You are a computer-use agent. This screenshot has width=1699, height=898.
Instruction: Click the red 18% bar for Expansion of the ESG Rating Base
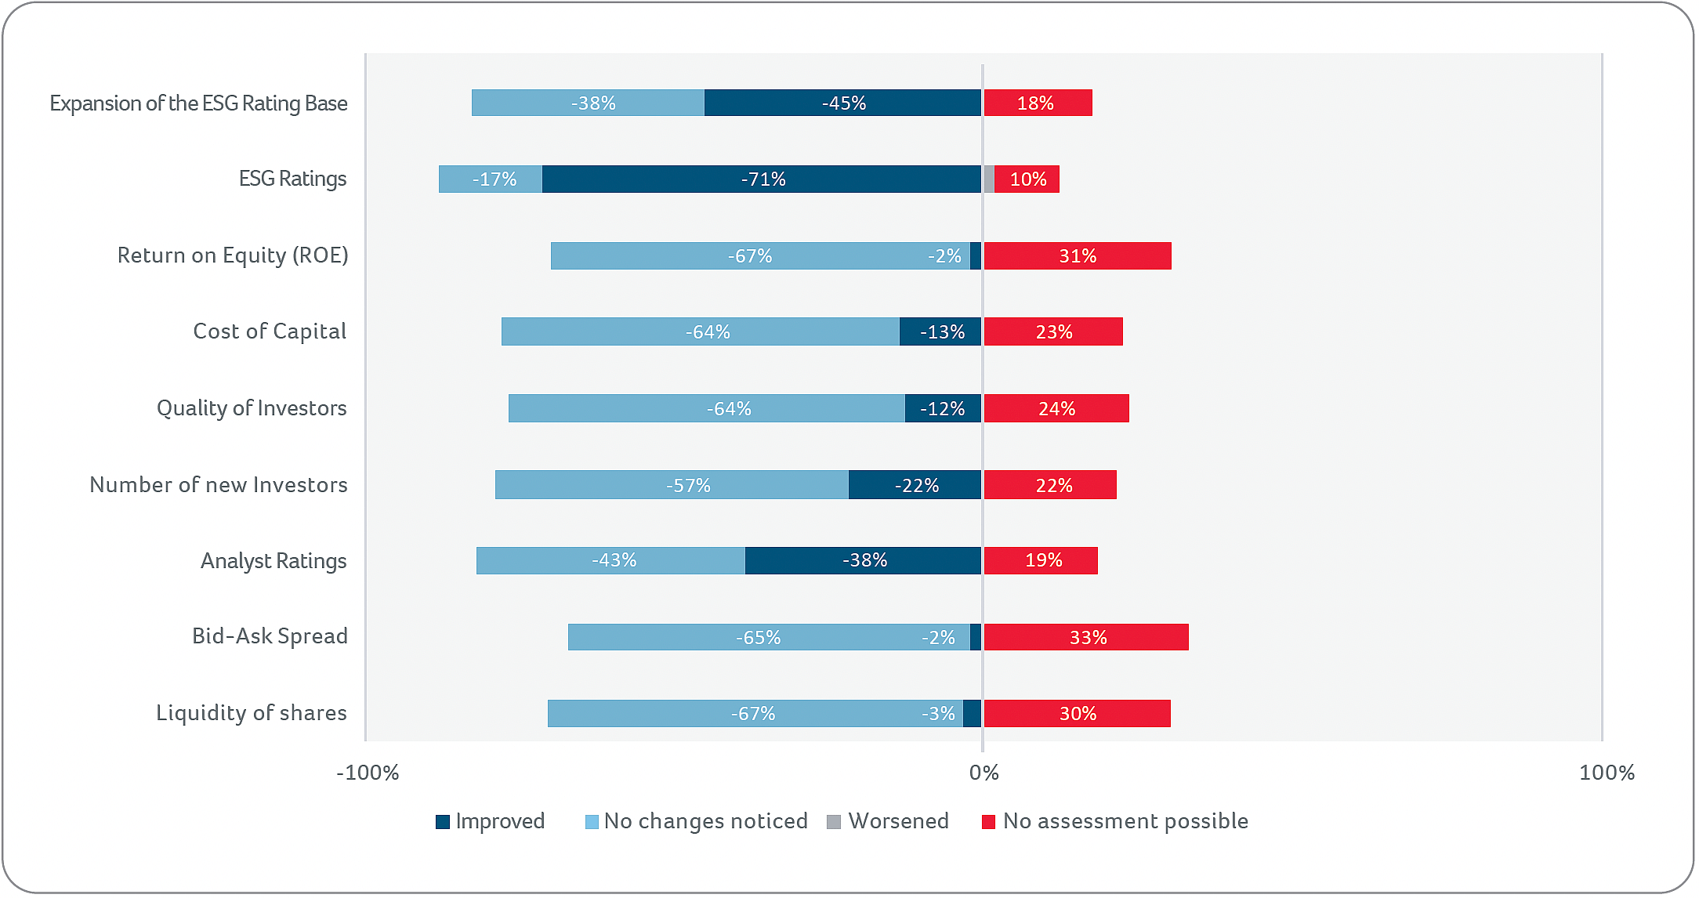[1038, 103]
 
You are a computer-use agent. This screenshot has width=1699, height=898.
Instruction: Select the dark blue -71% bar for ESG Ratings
[761, 179]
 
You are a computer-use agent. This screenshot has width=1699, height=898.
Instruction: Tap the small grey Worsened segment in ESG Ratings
[989, 179]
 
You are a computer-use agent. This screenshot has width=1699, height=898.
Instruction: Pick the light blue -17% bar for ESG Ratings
[491, 179]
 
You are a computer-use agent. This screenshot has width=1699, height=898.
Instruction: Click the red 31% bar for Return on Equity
[1078, 256]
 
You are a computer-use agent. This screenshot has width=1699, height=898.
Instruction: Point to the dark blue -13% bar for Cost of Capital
[940, 332]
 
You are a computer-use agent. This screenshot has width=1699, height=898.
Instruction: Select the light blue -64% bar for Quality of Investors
[707, 409]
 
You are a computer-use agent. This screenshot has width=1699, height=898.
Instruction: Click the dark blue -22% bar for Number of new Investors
[915, 485]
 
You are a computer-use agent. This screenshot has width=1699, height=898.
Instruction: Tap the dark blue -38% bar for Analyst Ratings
[863, 561]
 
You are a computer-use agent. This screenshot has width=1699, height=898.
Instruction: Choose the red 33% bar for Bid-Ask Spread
[1086, 638]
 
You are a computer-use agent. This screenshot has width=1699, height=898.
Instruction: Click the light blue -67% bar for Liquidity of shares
[755, 714]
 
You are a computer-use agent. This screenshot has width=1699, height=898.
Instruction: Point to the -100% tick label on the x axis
[368, 773]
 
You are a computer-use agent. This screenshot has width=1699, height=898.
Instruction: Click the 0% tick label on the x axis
[984, 773]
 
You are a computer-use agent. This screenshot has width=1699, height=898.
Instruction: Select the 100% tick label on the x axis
[1607, 773]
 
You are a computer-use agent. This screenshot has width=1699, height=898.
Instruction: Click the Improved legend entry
[491, 821]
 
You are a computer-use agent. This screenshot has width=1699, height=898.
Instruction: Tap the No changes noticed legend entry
[697, 821]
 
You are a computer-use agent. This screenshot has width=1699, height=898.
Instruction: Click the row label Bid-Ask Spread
[270, 636]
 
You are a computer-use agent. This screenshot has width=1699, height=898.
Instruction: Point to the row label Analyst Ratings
[274, 561]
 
